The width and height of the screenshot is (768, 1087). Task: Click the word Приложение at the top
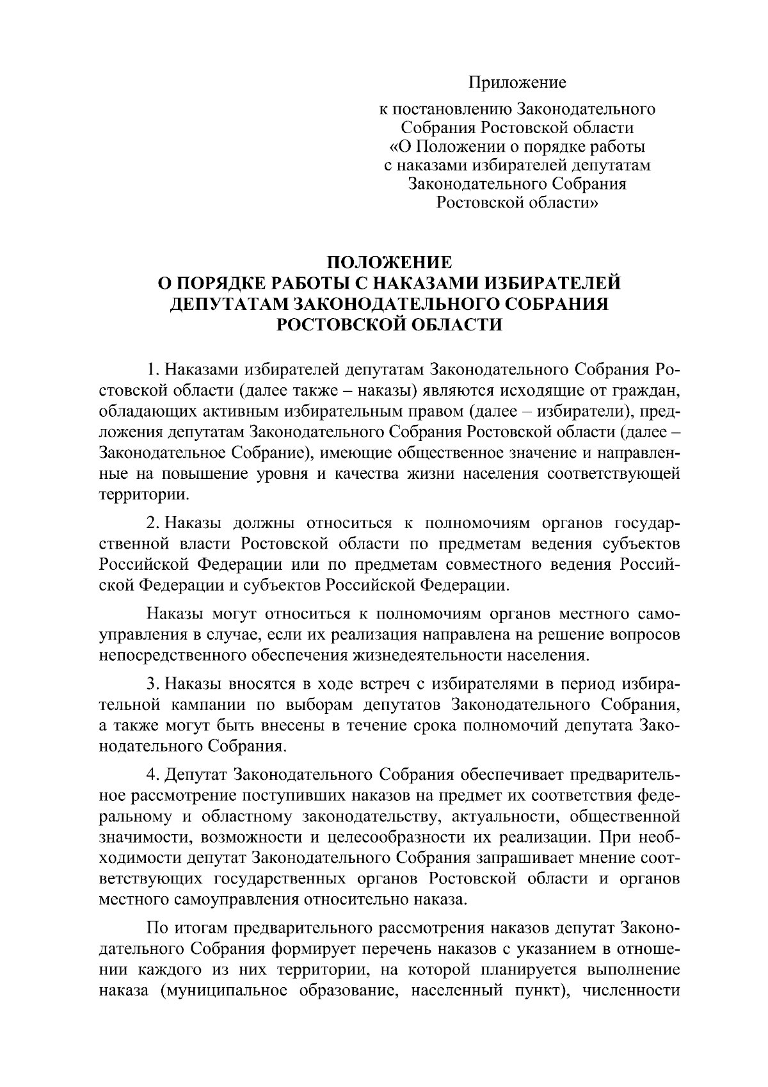point(518,83)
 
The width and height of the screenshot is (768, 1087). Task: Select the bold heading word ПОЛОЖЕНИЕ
point(390,262)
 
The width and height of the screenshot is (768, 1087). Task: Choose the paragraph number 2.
point(152,524)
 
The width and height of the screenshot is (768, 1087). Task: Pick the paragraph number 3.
point(152,684)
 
